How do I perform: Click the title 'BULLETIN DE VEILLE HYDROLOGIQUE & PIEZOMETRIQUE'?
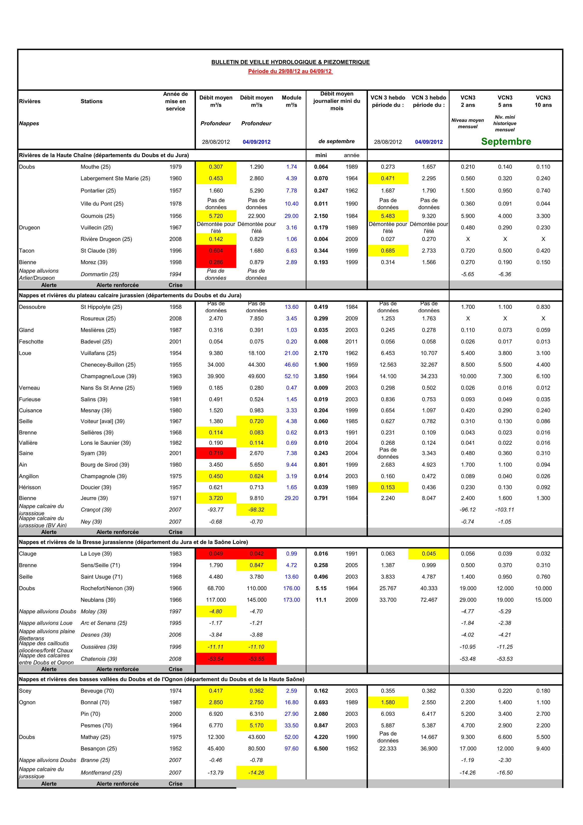290,62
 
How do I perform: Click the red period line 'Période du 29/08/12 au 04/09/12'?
290,71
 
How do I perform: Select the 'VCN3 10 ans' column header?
543,101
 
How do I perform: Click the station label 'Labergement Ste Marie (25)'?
115,178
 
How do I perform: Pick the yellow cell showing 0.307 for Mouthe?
216,167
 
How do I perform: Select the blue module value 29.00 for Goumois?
291,216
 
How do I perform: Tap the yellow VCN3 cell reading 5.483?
388,216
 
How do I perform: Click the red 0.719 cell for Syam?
216,453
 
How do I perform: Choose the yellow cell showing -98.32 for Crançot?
256,510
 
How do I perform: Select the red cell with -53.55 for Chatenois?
256,659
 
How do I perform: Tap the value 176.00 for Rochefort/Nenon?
291,588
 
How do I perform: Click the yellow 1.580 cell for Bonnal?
388,702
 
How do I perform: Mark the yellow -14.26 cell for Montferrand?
256,773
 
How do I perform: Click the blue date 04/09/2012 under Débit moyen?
256,142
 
